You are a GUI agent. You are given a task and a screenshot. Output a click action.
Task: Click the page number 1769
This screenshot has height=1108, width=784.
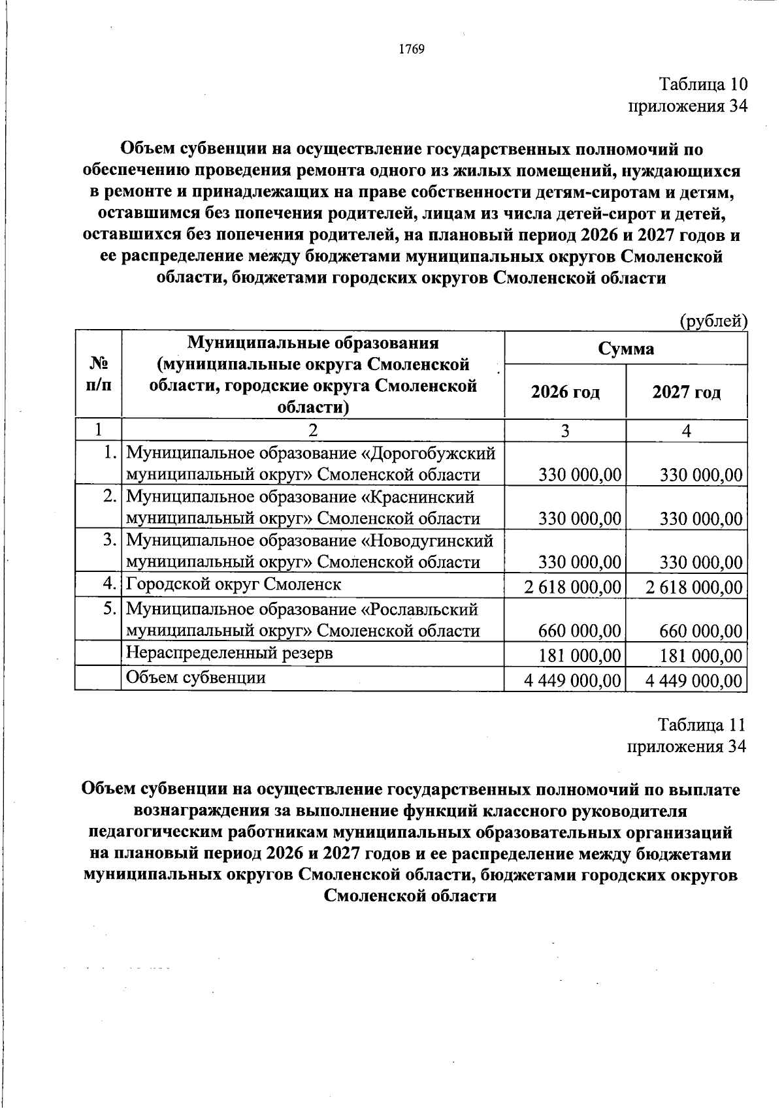412,50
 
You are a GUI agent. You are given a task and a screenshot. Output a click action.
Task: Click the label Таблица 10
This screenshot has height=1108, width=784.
702,85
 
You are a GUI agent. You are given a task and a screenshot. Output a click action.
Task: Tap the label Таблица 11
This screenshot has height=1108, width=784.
701,725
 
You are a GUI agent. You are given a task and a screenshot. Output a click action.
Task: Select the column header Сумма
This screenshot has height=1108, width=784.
626,349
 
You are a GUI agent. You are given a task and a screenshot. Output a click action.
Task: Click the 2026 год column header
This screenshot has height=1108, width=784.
565,392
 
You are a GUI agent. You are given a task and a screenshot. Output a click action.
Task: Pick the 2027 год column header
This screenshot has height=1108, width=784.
687,392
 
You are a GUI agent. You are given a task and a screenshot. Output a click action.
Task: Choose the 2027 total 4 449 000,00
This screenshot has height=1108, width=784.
694,681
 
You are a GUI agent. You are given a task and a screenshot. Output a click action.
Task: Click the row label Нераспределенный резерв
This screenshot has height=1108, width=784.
229,653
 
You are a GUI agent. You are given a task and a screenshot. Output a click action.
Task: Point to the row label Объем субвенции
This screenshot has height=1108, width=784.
195,678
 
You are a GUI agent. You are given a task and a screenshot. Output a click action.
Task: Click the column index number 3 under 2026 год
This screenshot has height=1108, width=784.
565,430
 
